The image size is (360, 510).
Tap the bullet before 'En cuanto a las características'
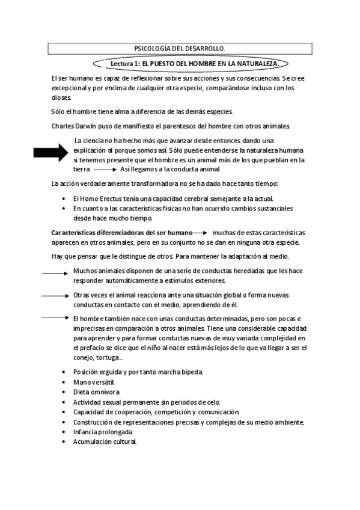(x=64, y=208)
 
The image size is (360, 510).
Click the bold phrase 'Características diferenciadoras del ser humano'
(x=121, y=232)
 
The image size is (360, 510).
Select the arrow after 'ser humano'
(x=200, y=232)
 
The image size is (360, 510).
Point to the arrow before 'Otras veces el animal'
(x=56, y=295)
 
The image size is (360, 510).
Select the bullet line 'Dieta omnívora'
(x=96, y=392)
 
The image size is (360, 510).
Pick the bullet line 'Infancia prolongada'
(x=103, y=432)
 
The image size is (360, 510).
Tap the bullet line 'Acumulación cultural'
(x=105, y=441)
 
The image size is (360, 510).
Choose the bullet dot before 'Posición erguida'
(x=64, y=372)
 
